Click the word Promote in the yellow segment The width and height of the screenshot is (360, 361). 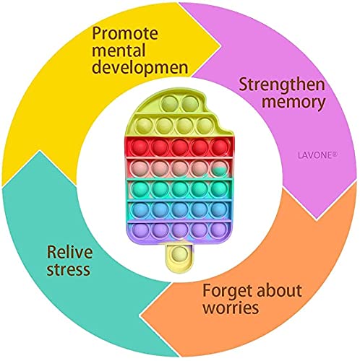(x=125, y=34)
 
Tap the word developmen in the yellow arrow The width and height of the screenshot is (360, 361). (x=140, y=68)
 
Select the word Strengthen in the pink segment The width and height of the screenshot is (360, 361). (x=282, y=84)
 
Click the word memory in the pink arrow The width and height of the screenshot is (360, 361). (x=293, y=103)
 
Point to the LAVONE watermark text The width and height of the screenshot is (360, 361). (x=317, y=155)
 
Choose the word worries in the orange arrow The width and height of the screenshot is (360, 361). (x=231, y=308)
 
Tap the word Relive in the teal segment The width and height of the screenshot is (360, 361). (x=70, y=252)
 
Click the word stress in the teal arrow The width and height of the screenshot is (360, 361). (x=69, y=270)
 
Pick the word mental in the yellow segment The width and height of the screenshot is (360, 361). (x=119, y=51)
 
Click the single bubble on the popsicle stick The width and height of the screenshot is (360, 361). (x=180, y=254)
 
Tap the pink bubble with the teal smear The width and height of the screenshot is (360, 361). (x=219, y=168)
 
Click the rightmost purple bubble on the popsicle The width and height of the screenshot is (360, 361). (x=219, y=230)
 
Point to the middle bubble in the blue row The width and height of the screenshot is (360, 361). (x=180, y=209)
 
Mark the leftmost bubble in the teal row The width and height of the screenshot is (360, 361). (x=140, y=189)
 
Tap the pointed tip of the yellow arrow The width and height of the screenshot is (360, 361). (x=220, y=45)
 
